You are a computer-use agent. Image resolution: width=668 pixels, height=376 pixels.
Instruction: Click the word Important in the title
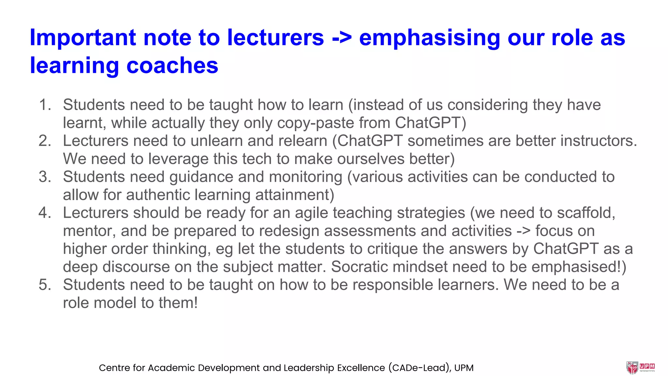(83, 38)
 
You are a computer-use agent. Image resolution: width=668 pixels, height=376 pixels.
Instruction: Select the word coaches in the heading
(172, 66)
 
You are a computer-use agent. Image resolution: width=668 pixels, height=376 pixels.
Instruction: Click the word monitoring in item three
(305, 177)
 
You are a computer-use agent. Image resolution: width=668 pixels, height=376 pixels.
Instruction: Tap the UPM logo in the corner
(640, 368)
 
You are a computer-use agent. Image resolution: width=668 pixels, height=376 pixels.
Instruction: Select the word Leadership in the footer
(309, 368)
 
